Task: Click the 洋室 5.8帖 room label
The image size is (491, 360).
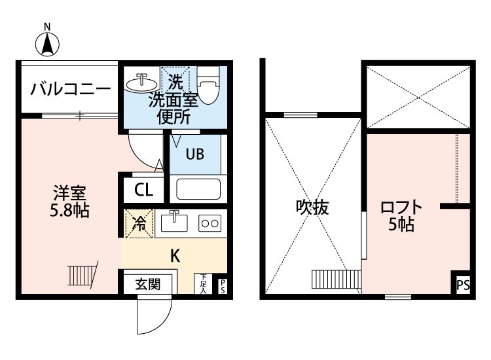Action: click(69, 201)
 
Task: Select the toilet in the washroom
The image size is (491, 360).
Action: click(209, 87)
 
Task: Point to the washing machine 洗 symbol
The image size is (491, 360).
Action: click(175, 82)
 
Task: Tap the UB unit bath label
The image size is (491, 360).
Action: click(194, 154)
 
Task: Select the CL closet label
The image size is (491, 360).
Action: click(143, 190)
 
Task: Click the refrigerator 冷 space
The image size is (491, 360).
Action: click(139, 223)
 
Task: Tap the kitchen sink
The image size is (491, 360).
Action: click(174, 222)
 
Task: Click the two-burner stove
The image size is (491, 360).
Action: click(211, 223)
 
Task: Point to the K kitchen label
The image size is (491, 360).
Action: click(175, 255)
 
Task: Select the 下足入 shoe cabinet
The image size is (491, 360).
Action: click(204, 283)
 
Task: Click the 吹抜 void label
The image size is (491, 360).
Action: click(312, 208)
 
